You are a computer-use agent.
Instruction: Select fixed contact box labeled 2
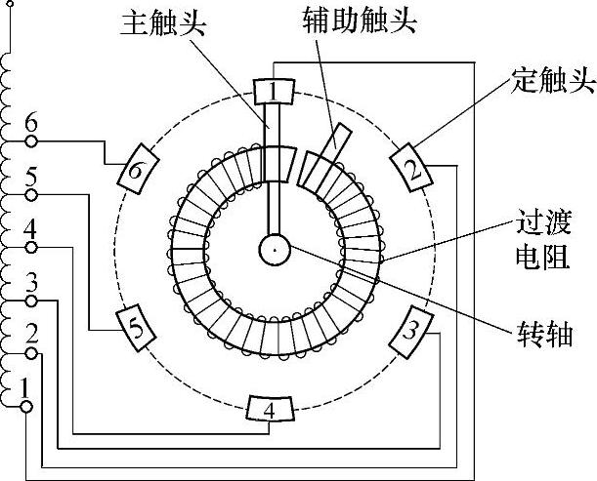point(413,168)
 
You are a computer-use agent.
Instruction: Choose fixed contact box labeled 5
point(139,329)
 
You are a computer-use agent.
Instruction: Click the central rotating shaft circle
point(275,251)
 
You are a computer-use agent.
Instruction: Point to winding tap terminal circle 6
point(31,141)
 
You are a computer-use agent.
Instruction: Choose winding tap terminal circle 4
point(31,247)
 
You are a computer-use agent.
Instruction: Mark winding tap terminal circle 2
point(31,352)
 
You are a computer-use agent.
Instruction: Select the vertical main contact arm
point(274,176)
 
